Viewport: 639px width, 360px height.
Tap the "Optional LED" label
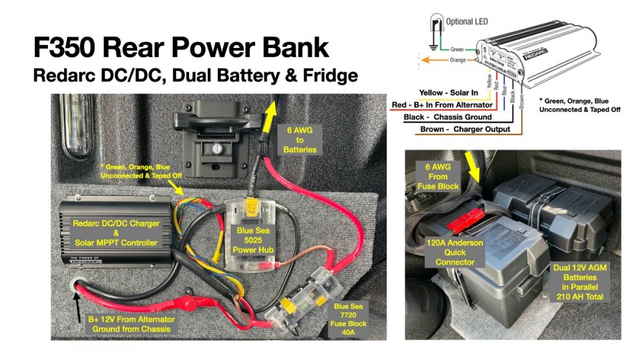(x=466, y=21)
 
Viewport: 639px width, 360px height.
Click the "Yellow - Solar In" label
(x=449, y=93)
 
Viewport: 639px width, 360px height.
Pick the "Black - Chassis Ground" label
(x=447, y=117)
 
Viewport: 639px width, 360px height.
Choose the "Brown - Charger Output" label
(x=465, y=129)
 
